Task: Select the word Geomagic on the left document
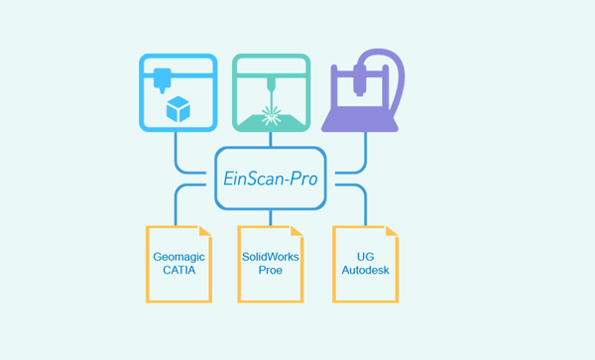point(178,256)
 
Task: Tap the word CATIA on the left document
point(178,270)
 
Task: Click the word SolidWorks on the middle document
point(270,256)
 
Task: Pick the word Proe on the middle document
point(270,270)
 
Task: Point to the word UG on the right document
point(364,256)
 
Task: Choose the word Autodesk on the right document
point(364,270)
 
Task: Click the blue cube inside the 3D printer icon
point(178,109)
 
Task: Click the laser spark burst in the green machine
point(270,111)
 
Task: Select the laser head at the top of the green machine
point(270,77)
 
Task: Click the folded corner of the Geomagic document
point(204,232)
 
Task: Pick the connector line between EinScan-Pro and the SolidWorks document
point(270,217)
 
